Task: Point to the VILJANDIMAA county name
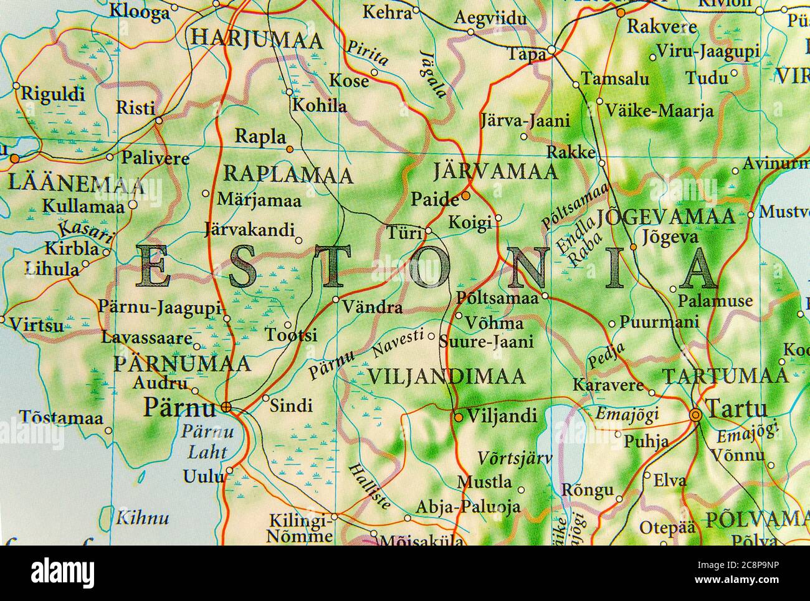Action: coord(446,376)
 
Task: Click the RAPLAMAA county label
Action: coord(288,174)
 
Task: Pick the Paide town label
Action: coord(434,199)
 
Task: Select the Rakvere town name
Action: coord(652,27)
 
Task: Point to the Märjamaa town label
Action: coord(259,201)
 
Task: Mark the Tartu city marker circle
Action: coord(696,415)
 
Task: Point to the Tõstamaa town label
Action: coord(60,417)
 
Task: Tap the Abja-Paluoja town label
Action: coord(467,507)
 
